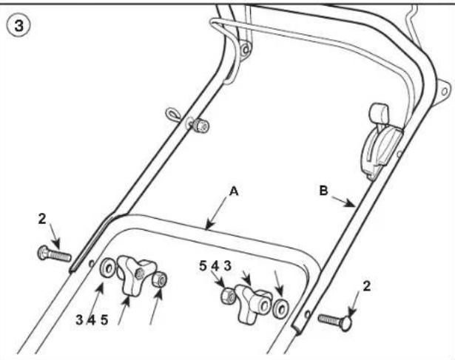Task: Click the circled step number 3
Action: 18,25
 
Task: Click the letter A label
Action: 234,191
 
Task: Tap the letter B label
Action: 323,191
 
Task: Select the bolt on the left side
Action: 54,254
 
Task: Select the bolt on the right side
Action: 336,321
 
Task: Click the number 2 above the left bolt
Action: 42,219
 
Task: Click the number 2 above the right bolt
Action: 367,286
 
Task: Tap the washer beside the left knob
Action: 107,268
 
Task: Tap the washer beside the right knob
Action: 280,308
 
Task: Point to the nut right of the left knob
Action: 160,279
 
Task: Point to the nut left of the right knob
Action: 229,296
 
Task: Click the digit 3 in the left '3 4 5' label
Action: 79,320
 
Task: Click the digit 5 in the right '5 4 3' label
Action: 203,266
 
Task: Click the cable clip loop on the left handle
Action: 172,114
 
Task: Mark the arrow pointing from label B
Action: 343,202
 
